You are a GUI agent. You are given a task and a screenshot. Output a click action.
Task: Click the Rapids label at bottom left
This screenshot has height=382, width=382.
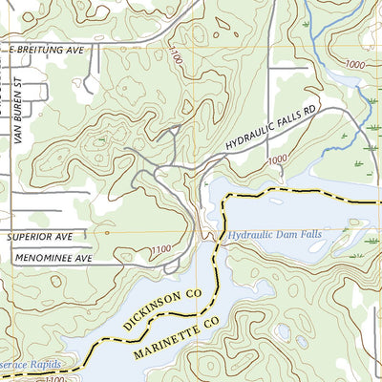click(43, 365)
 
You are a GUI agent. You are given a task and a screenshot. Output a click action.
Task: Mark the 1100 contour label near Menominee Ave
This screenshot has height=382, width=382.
click(163, 251)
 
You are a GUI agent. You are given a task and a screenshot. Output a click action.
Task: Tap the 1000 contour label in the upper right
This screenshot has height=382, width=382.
click(355, 64)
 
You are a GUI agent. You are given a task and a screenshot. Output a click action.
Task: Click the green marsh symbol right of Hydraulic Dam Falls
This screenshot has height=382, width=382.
click(358, 256)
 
